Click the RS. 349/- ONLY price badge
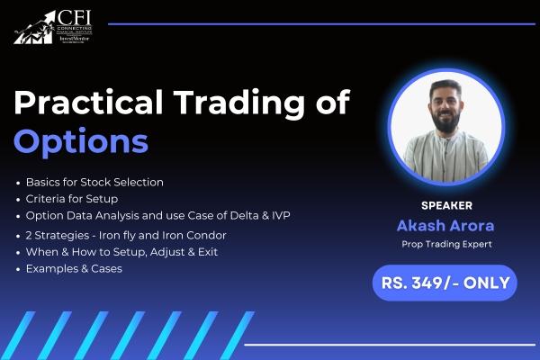445,283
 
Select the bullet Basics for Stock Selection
94,182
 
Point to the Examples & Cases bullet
74,268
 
